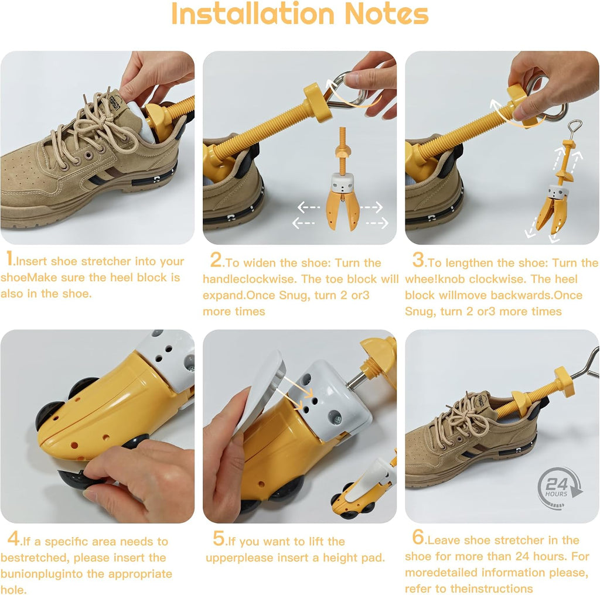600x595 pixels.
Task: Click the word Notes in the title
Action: [386, 15]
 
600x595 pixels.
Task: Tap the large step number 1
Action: [9, 258]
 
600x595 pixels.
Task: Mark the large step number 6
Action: [418, 537]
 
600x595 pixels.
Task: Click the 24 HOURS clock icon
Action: [559, 488]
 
